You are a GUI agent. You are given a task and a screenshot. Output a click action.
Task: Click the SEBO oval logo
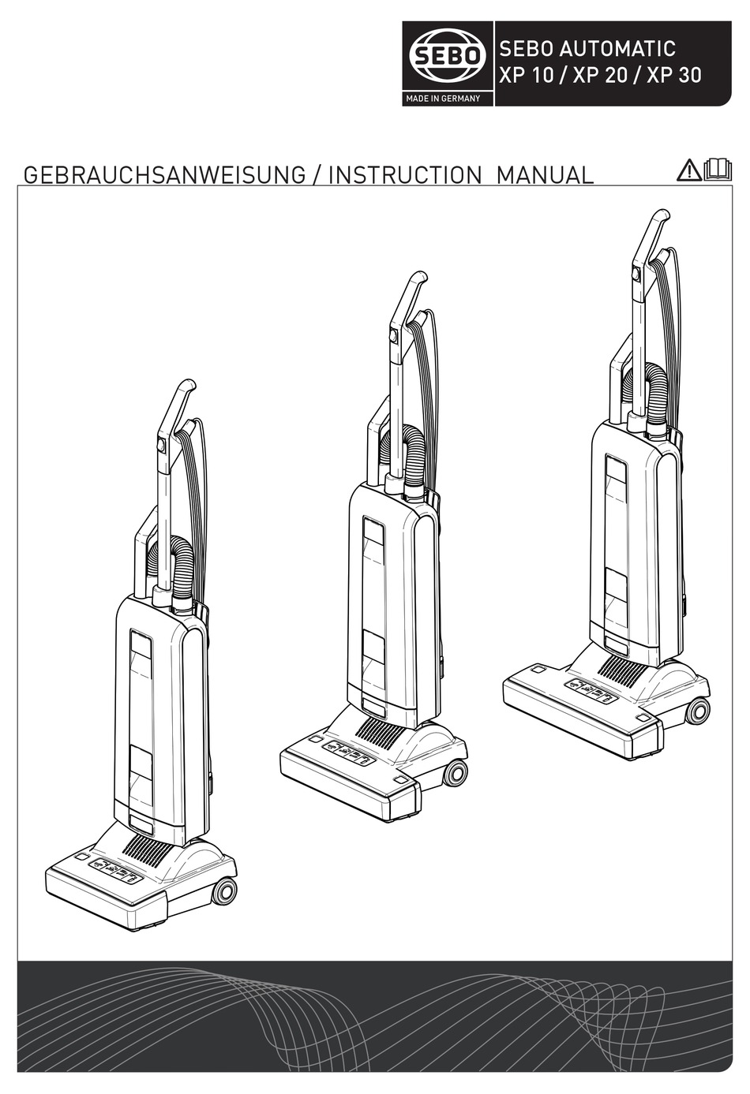coord(448,57)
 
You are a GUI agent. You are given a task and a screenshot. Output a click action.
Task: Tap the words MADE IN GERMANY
coord(443,99)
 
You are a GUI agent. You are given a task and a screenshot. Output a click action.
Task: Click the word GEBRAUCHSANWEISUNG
coord(164,174)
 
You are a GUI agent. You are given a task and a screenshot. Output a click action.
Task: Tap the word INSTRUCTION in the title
coord(404,174)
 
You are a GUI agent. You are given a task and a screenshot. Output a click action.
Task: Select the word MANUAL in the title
coord(545,174)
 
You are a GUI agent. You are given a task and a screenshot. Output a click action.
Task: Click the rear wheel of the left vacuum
coord(225,891)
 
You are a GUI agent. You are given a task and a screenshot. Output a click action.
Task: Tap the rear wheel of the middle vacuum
coord(456,773)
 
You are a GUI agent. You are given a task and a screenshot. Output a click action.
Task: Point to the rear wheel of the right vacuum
coord(698,711)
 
